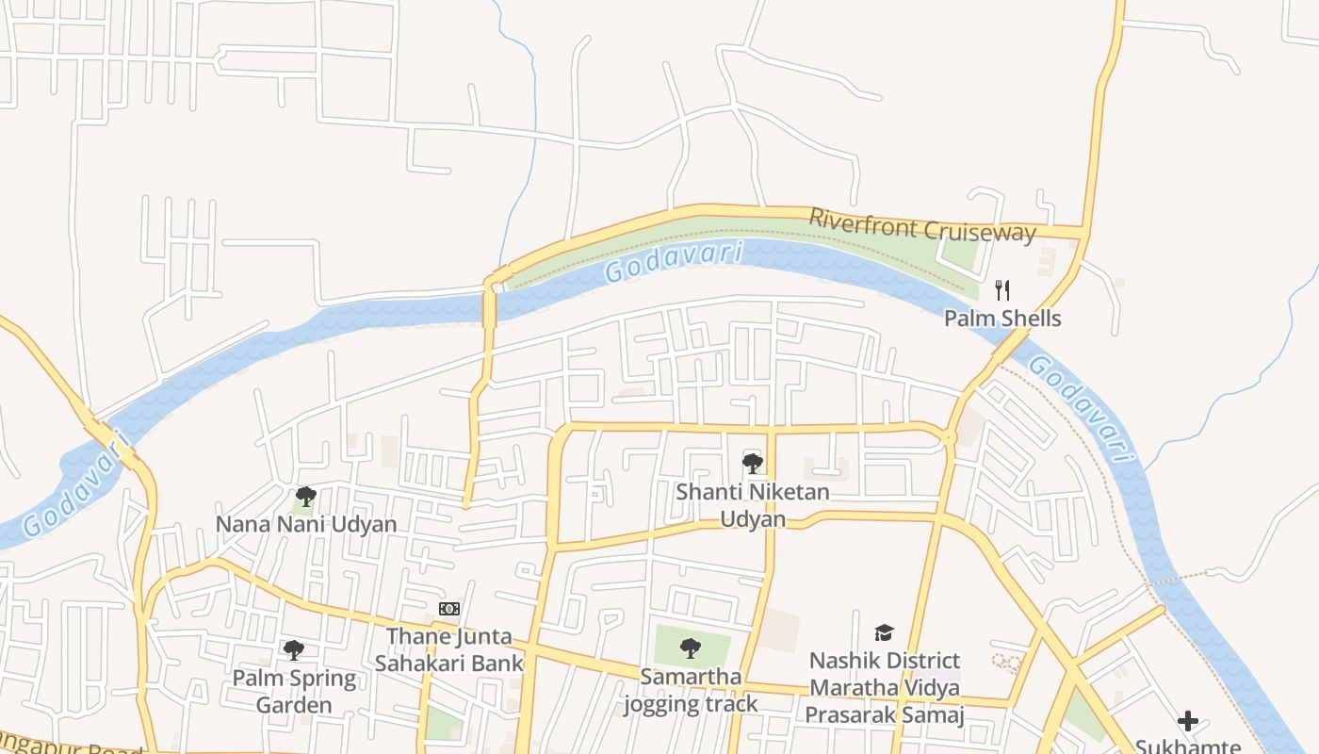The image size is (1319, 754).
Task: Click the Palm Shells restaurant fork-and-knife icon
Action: click(x=1002, y=290)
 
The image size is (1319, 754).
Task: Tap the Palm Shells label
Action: click(x=1002, y=319)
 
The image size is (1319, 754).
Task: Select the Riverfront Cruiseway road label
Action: click(x=922, y=225)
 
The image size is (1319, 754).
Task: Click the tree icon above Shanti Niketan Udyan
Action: click(x=752, y=463)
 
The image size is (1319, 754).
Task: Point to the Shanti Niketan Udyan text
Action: click(x=752, y=505)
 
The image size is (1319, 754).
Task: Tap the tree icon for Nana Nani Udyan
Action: click(x=305, y=496)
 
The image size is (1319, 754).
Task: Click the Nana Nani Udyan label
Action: click(x=306, y=524)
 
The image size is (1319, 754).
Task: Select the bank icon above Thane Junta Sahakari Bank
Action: click(x=449, y=609)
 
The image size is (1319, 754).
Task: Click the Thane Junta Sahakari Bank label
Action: click(x=448, y=650)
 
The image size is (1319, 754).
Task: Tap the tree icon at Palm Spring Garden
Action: click(x=294, y=649)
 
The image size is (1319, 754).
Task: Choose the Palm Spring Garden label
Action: click(x=294, y=691)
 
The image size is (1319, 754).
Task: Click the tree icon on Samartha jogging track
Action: click(x=691, y=647)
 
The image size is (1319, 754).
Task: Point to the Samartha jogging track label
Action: click(x=691, y=690)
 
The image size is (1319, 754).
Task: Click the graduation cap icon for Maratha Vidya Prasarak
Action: click(x=884, y=632)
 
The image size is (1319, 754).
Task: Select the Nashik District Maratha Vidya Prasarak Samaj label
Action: click(x=885, y=688)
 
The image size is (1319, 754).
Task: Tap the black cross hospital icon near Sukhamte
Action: click(x=1188, y=721)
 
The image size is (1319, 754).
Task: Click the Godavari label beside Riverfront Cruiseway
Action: click(x=674, y=262)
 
